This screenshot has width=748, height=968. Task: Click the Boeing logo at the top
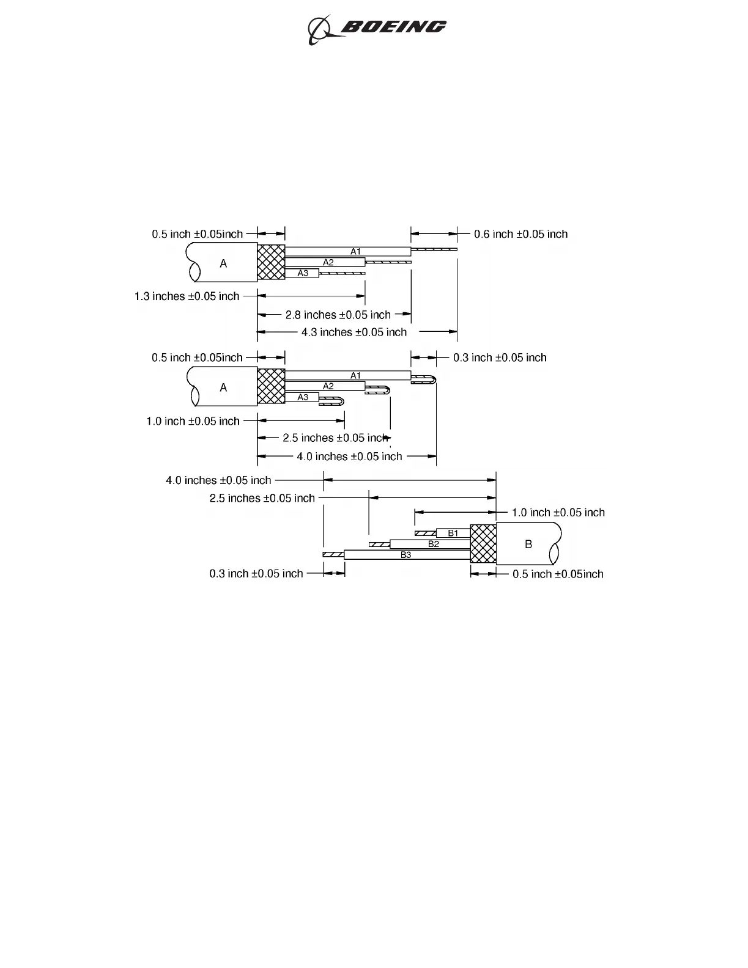tap(377, 28)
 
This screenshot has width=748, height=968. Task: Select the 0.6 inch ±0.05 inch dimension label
tap(520, 234)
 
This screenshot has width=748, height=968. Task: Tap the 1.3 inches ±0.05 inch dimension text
tap(187, 296)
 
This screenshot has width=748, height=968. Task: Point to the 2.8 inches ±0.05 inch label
tap(338, 315)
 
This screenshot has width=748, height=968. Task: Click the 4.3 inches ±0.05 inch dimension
tap(354, 332)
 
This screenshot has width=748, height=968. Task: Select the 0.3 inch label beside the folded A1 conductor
tap(500, 358)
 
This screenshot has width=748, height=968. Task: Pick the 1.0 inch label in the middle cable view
tap(193, 421)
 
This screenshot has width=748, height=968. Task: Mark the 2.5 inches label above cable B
tap(262, 498)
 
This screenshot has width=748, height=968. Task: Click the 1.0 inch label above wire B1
tap(558, 513)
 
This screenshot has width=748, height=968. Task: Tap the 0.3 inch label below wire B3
tap(256, 573)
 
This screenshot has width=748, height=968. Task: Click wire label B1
tap(453, 533)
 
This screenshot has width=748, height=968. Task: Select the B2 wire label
tap(433, 544)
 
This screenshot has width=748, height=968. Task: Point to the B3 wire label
tap(406, 555)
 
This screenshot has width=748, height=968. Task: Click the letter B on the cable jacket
tap(528, 544)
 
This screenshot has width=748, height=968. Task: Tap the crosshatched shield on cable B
tap(483, 544)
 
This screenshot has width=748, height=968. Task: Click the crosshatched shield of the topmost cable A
tap(271, 262)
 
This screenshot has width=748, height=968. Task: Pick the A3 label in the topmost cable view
tap(303, 273)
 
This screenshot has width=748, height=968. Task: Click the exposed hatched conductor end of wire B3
tap(333, 555)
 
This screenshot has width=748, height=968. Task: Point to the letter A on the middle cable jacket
tap(223, 387)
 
